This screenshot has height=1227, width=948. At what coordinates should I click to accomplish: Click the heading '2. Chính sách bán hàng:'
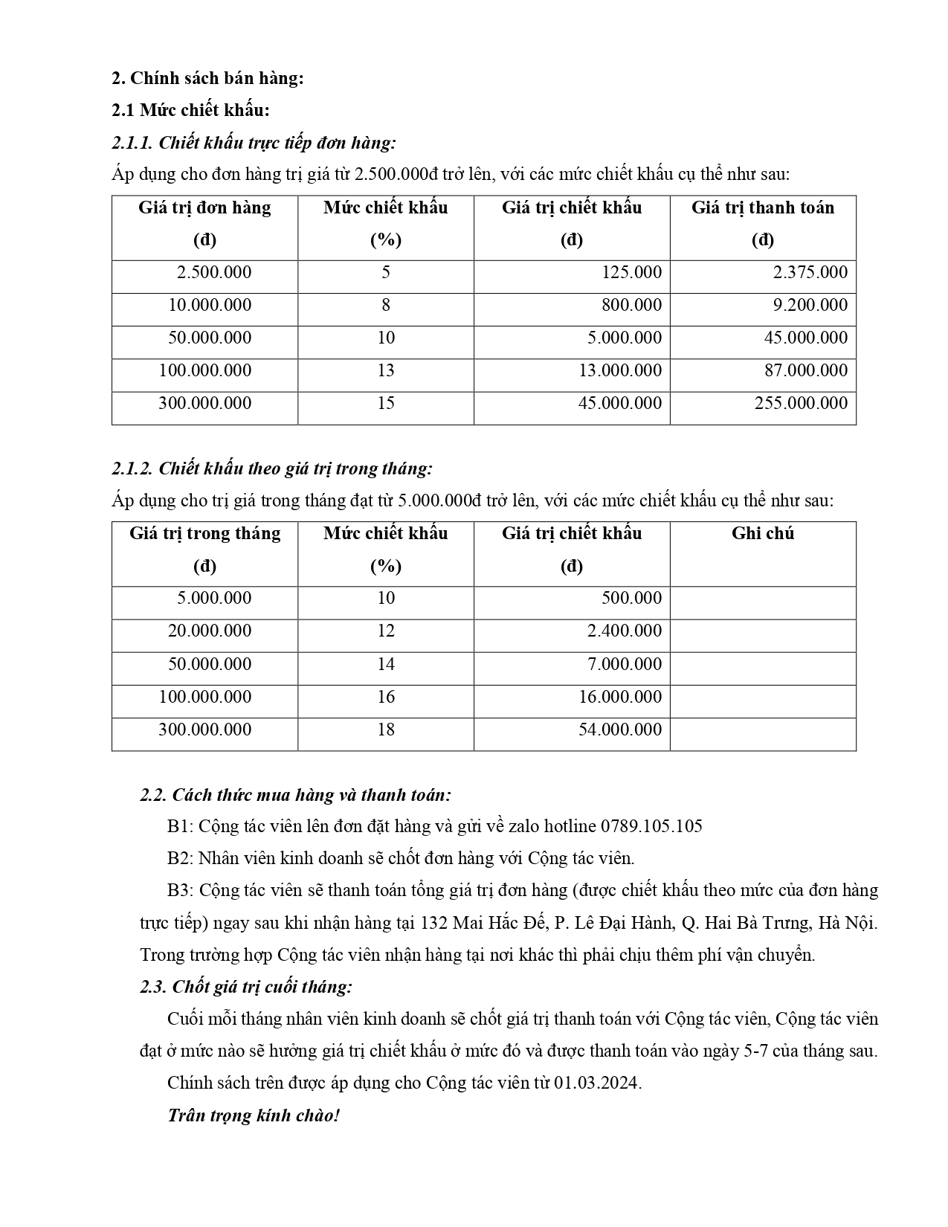pos(207,78)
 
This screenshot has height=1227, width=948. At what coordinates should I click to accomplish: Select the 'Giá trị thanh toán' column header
pos(762,207)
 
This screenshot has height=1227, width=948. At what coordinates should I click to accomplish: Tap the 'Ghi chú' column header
pos(762,533)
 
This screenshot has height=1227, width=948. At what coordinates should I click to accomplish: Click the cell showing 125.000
pos(631,272)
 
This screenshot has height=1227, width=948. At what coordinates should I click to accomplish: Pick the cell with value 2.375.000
pos(810,272)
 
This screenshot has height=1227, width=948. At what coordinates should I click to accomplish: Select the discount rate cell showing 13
pos(385,370)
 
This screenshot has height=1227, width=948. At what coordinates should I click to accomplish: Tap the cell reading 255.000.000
pos(801,403)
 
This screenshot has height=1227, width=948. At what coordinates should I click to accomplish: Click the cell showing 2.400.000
pos(624,631)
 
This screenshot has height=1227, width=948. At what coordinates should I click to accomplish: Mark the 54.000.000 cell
pos(619,730)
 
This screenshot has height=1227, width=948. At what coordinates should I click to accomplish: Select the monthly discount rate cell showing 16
pos(385,697)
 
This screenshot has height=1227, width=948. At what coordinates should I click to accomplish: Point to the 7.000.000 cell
pos(624,664)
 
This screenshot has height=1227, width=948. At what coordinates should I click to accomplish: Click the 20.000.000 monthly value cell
pos(210,631)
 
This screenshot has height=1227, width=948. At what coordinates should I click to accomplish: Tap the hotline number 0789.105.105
pos(651,826)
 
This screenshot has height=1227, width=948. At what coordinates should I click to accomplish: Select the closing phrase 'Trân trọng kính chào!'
pos(254,1115)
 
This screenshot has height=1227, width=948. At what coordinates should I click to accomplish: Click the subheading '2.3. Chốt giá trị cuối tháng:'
pos(246,987)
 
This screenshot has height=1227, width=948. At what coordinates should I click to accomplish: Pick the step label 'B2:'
pos(180,858)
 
